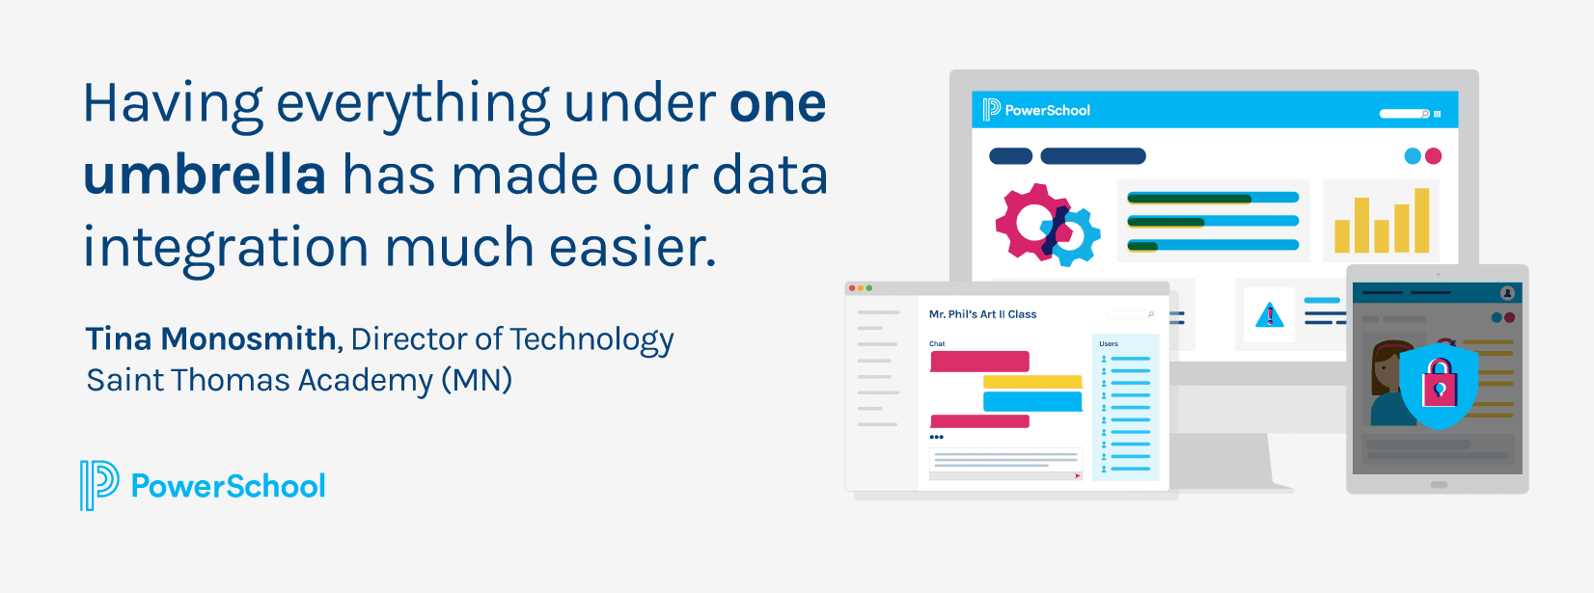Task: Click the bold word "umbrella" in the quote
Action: (x=205, y=175)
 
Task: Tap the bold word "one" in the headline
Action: (x=778, y=104)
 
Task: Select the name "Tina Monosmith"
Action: (x=210, y=339)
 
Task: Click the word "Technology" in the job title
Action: (x=591, y=339)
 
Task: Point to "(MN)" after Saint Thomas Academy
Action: (x=477, y=380)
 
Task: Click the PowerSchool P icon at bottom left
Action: (x=99, y=484)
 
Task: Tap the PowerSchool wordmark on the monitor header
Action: (x=1047, y=111)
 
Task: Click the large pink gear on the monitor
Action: (x=1029, y=221)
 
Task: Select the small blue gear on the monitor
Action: (x=1071, y=237)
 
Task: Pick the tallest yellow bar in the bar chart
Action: (x=1421, y=220)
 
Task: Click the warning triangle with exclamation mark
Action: (x=1270, y=314)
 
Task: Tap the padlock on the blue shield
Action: (x=1439, y=383)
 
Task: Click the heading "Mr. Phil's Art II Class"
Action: (x=982, y=314)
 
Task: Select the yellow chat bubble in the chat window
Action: (x=1032, y=382)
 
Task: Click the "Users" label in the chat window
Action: (x=1109, y=344)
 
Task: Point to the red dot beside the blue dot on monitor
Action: (x=1433, y=156)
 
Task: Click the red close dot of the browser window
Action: (x=851, y=288)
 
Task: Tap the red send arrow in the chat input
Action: (x=1077, y=475)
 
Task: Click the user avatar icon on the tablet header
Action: (x=1507, y=293)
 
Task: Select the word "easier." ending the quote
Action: (x=633, y=248)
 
